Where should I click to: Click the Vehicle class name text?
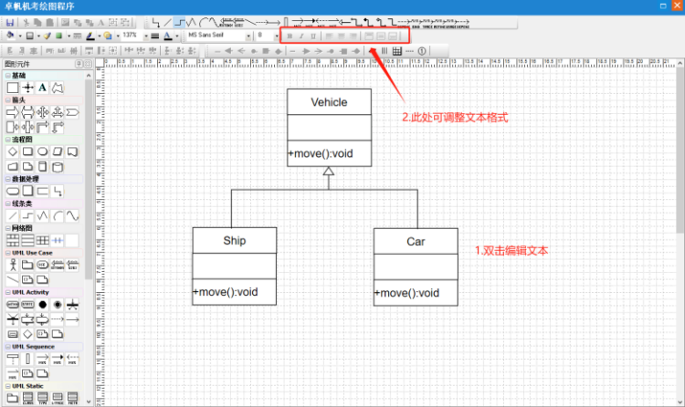pyautogui.click(x=329, y=102)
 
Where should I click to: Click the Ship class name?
pyautogui.click(x=235, y=241)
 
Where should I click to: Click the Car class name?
pyautogui.click(x=416, y=242)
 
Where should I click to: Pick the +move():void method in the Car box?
pyautogui.click(x=406, y=293)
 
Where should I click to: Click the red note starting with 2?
pyautogui.click(x=455, y=118)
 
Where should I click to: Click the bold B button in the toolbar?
pyautogui.click(x=290, y=36)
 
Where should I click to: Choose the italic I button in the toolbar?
pyautogui.click(x=302, y=36)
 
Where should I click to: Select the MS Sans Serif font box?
pyautogui.click(x=216, y=36)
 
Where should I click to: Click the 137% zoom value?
pyautogui.click(x=130, y=36)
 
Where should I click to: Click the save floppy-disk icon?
pyautogui.click(x=9, y=21)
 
